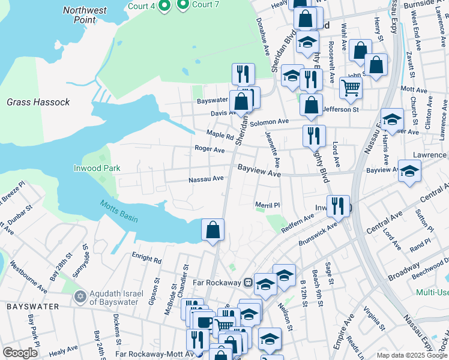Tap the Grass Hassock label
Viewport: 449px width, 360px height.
[38, 102]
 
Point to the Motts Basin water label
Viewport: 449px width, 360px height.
[119, 211]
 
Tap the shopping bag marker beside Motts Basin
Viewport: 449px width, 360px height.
[212, 230]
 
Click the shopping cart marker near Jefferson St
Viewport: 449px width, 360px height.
[351, 88]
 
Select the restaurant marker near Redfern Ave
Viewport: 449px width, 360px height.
[339, 206]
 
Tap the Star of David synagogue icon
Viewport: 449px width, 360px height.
[80, 297]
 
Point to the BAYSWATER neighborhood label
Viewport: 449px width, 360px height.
[33, 307]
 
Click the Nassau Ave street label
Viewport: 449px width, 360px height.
[206, 178]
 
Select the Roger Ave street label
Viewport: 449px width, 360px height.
[209, 149]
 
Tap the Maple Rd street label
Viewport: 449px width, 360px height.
[220, 134]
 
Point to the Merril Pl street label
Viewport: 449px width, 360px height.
[268, 205]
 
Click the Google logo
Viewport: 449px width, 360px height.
[20, 353]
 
